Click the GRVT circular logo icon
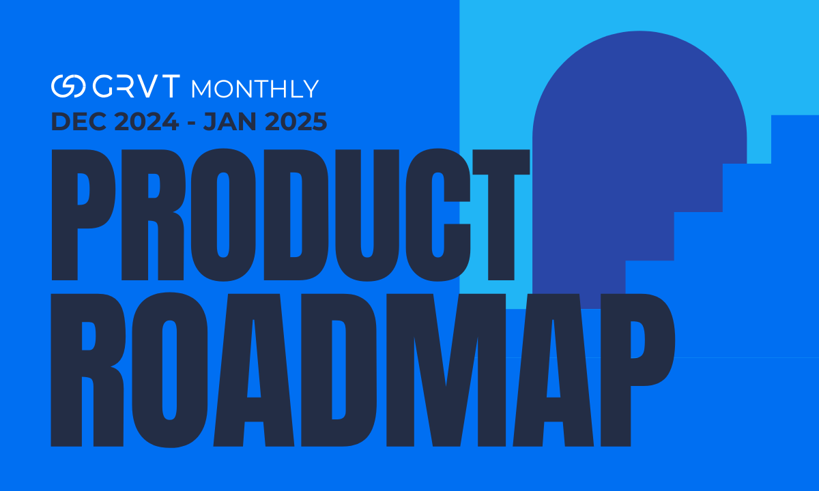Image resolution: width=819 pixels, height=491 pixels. (68, 87)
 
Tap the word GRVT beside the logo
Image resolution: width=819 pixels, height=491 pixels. (135, 87)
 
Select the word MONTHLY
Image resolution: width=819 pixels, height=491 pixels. (255, 89)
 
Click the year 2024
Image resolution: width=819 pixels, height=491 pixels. (145, 122)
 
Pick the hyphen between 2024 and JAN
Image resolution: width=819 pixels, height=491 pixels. (191, 123)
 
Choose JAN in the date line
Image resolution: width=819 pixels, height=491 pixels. (229, 122)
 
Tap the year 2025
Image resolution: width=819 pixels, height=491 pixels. (296, 122)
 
